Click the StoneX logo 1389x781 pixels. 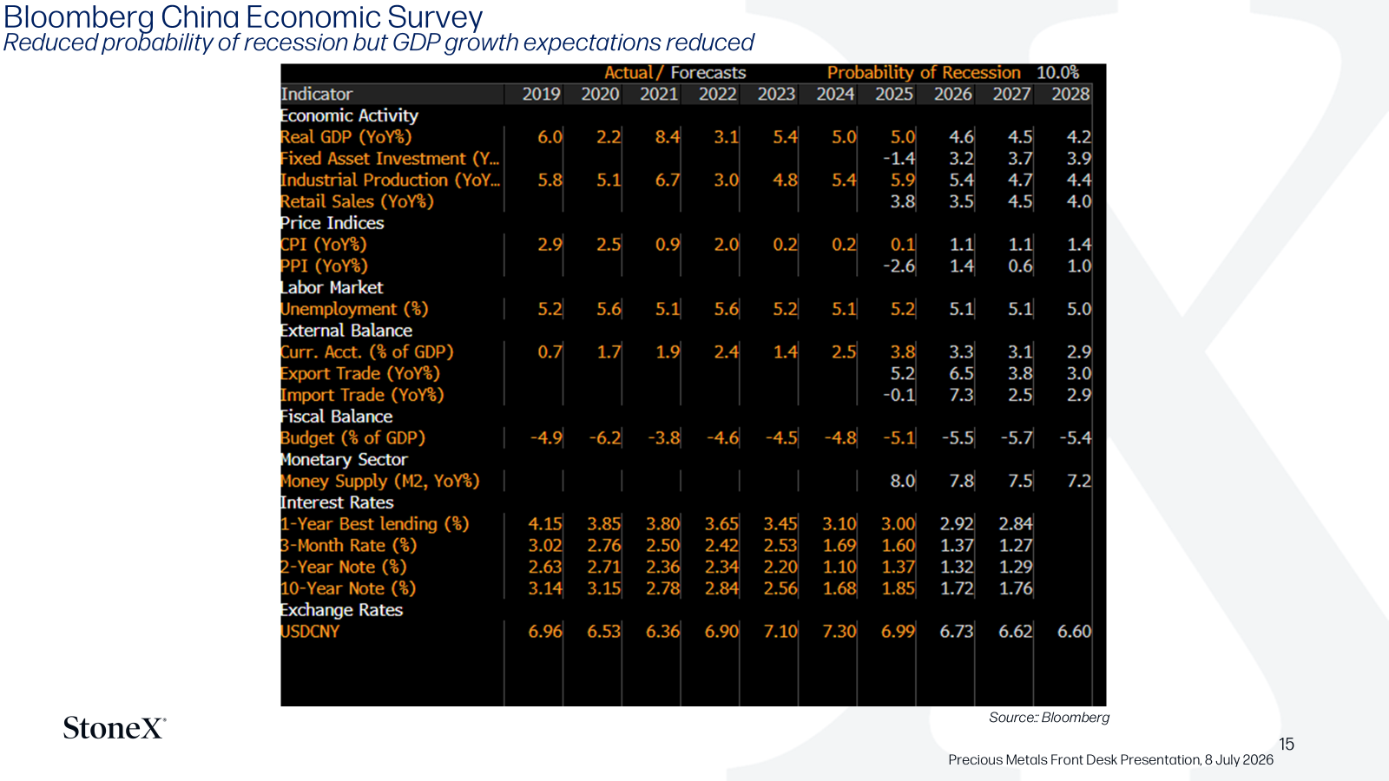pyautogui.click(x=115, y=728)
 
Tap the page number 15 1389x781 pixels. pyautogui.click(x=1286, y=744)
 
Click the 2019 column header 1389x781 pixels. pyautogui.click(x=541, y=95)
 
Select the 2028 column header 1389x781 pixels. pyautogui.click(x=1070, y=95)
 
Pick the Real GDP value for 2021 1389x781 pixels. pyautogui.click(x=668, y=137)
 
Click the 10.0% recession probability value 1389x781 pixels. pyautogui.click(x=1058, y=73)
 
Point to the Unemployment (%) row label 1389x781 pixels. pyautogui.click(x=354, y=309)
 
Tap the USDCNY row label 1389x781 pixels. pyautogui.click(x=310, y=632)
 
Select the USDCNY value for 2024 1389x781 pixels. pyautogui.click(x=839, y=632)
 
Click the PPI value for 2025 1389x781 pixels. pyautogui.click(x=899, y=266)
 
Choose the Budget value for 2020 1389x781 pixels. pyautogui.click(x=605, y=438)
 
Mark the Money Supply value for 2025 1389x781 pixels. pyautogui.click(x=903, y=481)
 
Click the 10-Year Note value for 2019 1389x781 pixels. pyautogui.click(x=545, y=588)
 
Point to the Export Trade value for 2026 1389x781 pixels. pyautogui.click(x=961, y=374)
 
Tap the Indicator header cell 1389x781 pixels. pyautogui.click(x=316, y=95)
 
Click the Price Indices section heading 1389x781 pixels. pyautogui.click(x=332, y=223)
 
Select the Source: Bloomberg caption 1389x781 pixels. pyautogui.click(x=1049, y=717)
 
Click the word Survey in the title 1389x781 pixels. pyautogui.click(x=435, y=17)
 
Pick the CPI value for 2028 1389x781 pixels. pyautogui.click(x=1079, y=245)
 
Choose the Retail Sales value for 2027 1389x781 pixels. pyautogui.click(x=1020, y=201)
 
